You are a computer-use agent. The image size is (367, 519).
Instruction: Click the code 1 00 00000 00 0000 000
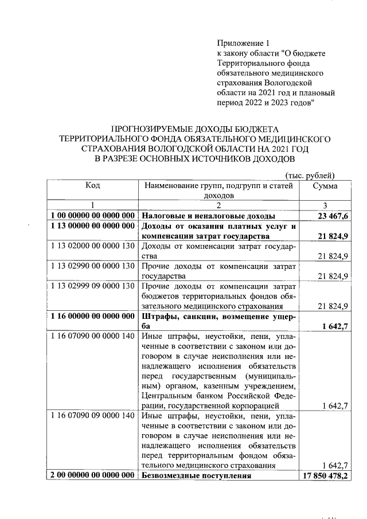[x=92, y=216]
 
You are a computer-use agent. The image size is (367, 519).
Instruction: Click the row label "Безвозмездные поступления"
[x=197, y=476]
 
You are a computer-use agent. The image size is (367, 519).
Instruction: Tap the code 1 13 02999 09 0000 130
[x=92, y=286]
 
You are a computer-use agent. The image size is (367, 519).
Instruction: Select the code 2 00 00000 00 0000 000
[x=92, y=476]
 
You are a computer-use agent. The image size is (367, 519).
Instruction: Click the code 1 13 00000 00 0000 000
[x=92, y=226]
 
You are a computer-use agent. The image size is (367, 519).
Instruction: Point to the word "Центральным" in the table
[x=166, y=395]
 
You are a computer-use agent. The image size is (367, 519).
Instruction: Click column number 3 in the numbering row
[x=325, y=205]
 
